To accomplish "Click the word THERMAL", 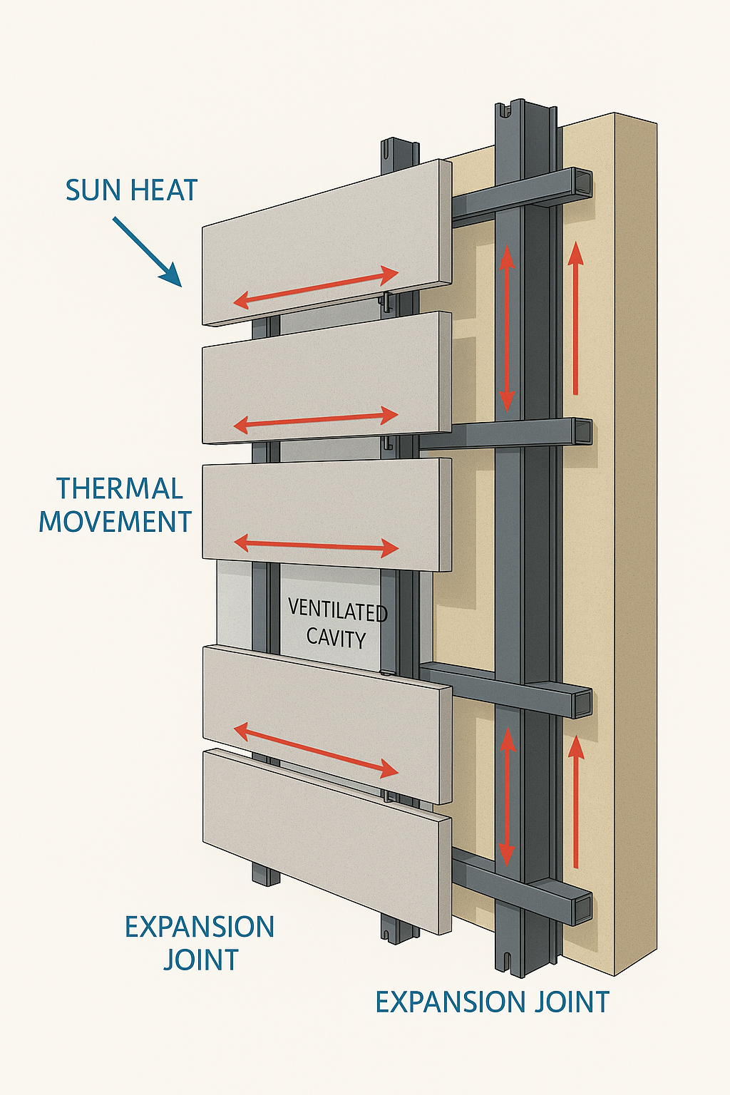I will pyautogui.click(x=120, y=489).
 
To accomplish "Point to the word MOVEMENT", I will pyautogui.click(x=115, y=522).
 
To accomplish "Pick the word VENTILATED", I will pyautogui.click(x=337, y=611).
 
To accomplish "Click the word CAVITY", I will pyautogui.click(x=336, y=637).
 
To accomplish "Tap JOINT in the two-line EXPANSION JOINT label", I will pyautogui.click(x=200, y=960).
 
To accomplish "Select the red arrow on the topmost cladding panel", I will pyautogui.click(x=316, y=287).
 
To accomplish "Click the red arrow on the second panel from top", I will pyautogui.click(x=316, y=421).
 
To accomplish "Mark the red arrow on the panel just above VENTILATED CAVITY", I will pyautogui.click(x=316, y=545).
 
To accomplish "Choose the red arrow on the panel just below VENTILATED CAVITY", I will pyautogui.click(x=316, y=749).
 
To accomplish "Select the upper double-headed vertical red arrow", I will pyautogui.click(x=506, y=328).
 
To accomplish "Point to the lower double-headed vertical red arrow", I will pyautogui.click(x=506, y=796).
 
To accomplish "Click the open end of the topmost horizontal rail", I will pyautogui.click(x=583, y=184).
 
